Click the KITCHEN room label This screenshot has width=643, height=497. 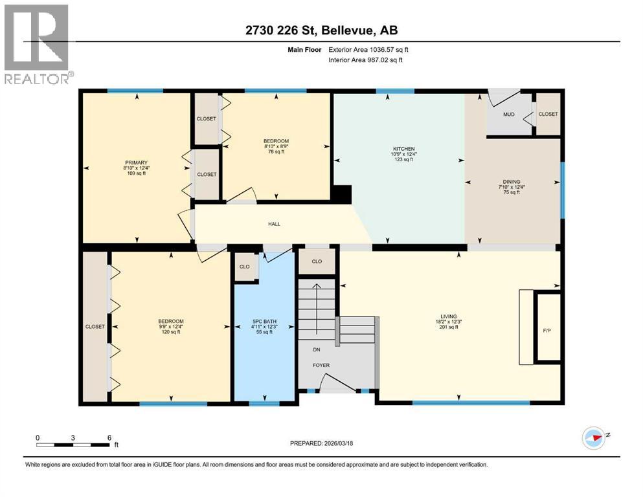point(407,148)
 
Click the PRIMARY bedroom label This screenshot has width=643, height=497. point(137,162)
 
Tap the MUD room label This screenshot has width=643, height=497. point(509,115)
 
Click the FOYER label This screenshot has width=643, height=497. point(321,365)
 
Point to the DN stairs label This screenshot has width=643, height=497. point(317,349)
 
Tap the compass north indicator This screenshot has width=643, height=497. point(594,437)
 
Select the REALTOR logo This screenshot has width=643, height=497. point(38,45)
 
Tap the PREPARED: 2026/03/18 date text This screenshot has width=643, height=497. point(321,444)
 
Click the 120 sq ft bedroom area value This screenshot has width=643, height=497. point(171,332)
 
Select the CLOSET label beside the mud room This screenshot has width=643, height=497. point(548,115)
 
